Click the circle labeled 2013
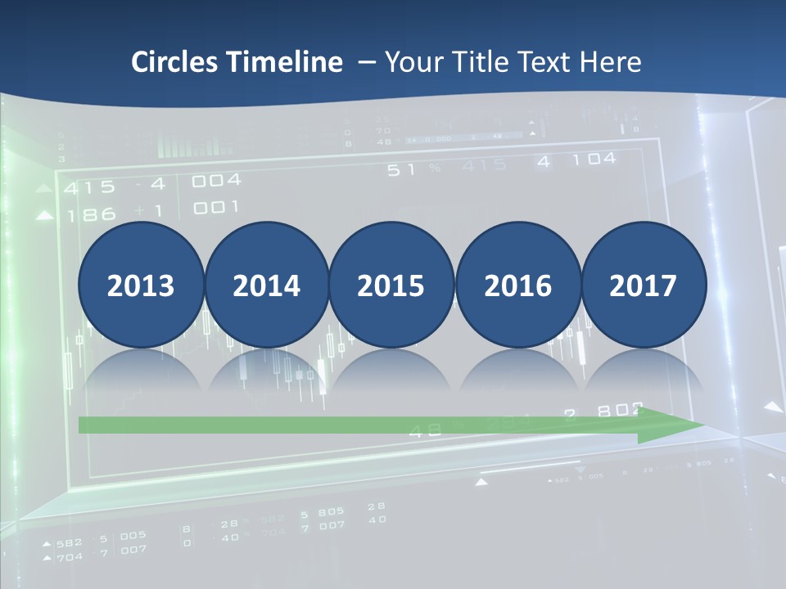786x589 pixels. click(141, 286)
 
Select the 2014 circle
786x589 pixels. click(266, 286)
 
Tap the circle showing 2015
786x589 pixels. click(391, 286)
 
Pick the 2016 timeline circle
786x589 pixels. click(517, 286)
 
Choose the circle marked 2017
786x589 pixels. click(644, 286)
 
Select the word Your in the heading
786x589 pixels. click(414, 61)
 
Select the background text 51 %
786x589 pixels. click(413, 170)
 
